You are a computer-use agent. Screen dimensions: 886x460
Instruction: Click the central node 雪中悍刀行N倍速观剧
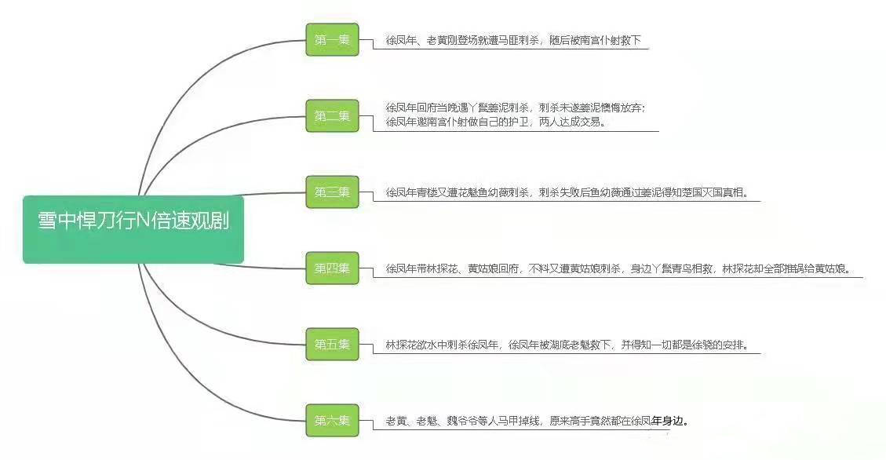coord(133,229)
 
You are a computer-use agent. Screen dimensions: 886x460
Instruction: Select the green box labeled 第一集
coord(332,40)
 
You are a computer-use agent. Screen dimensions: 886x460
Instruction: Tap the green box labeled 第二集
coord(332,116)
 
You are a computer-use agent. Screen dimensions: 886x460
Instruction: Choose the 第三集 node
coord(332,192)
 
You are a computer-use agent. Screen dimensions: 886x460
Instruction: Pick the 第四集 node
coord(332,268)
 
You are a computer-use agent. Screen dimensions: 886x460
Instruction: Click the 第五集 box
coord(332,345)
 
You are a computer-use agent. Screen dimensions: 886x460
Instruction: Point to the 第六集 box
coord(332,421)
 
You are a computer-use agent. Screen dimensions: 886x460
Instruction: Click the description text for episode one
coord(513,40)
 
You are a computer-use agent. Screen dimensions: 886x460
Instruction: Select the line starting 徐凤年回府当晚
coord(515,108)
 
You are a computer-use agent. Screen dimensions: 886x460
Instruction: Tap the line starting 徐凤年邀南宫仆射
coord(495,122)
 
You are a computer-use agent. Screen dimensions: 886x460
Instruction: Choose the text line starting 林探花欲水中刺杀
coord(566,345)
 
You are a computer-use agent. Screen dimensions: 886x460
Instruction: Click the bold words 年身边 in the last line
coord(669,421)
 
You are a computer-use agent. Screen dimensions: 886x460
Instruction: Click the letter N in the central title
coord(142,221)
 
